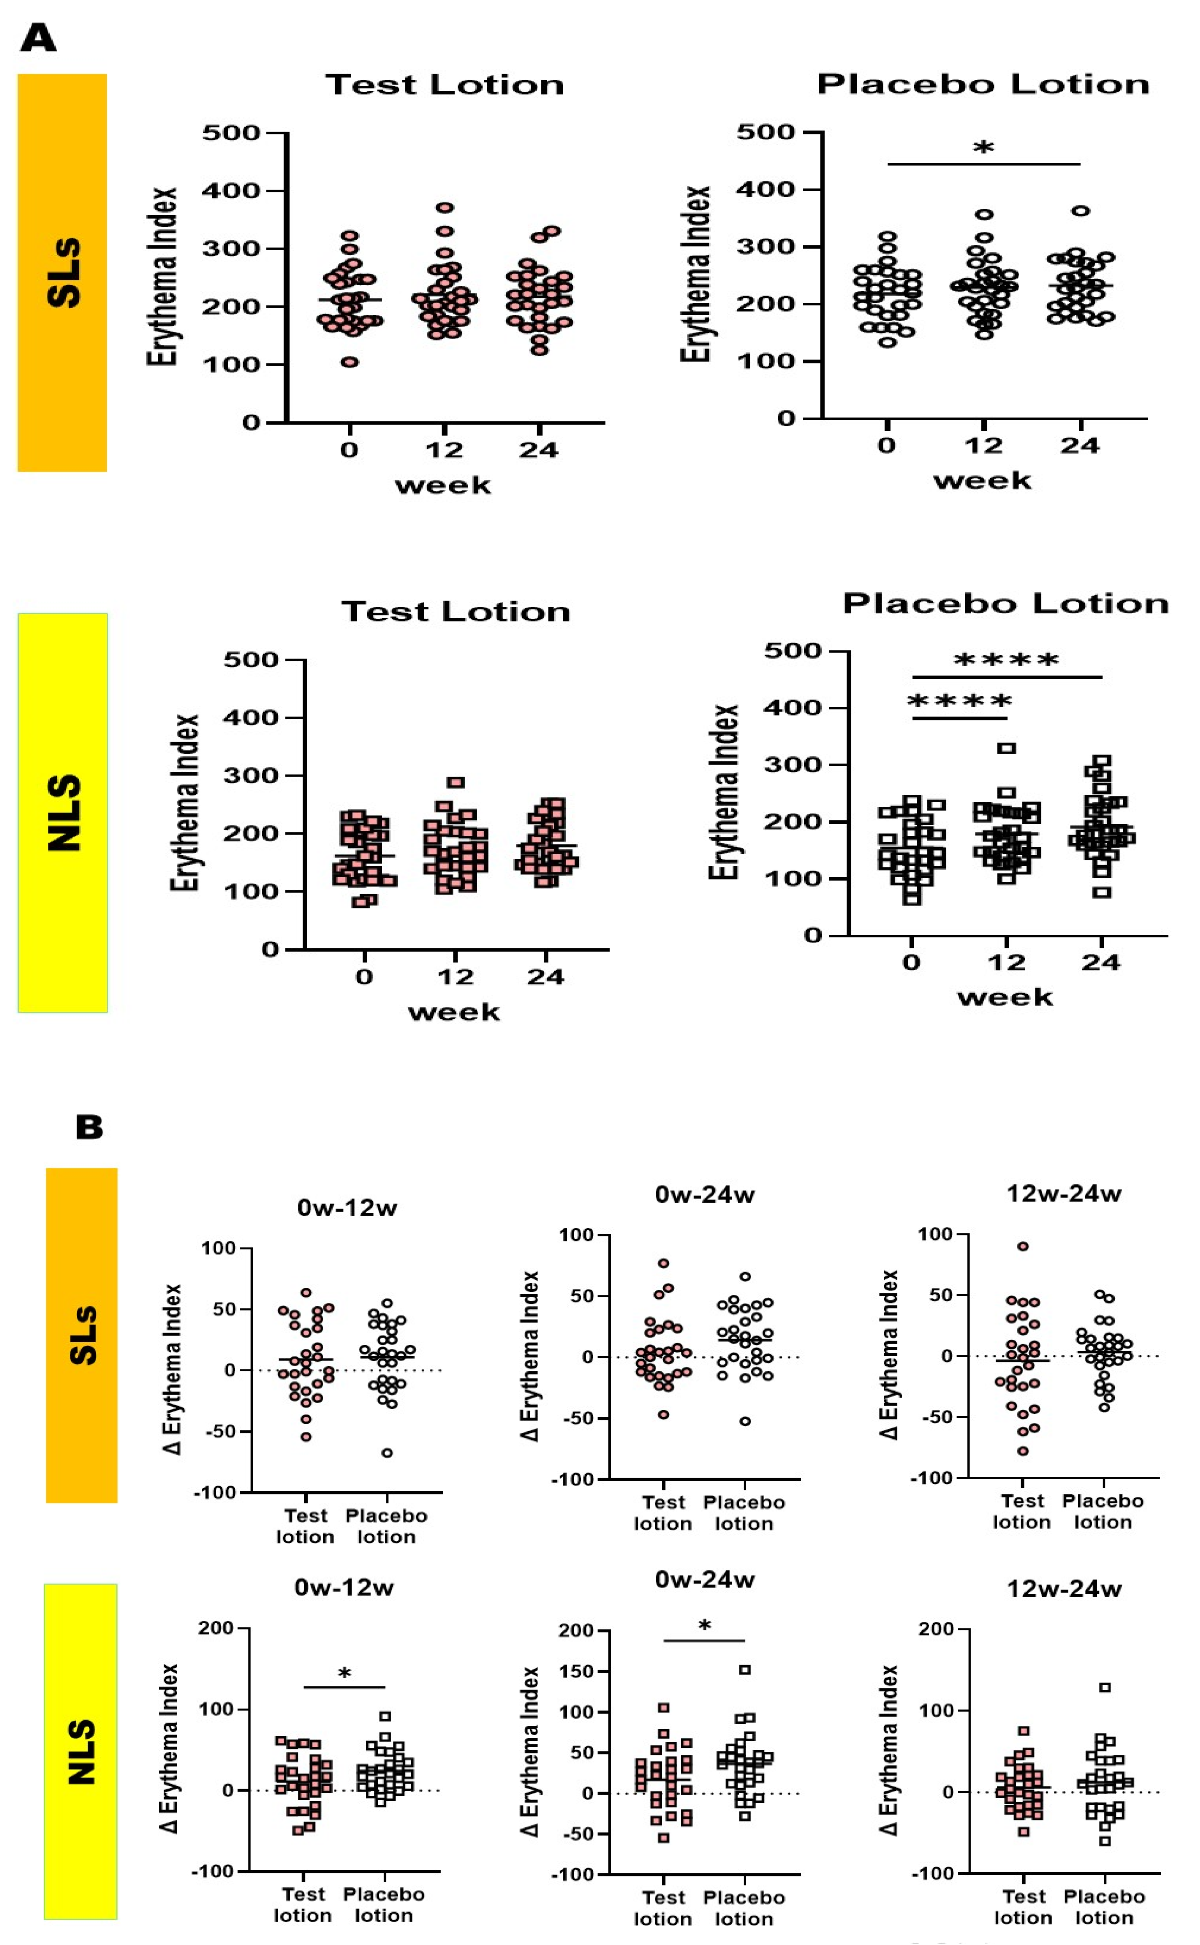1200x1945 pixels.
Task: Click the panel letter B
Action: tap(89, 1127)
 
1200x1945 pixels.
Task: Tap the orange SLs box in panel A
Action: tap(62, 272)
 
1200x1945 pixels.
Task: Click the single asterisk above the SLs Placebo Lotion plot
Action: tap(983, 148)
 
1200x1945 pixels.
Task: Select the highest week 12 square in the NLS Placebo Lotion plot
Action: tap(1006, 747)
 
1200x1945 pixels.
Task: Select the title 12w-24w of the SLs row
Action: tap(1064, 1193)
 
